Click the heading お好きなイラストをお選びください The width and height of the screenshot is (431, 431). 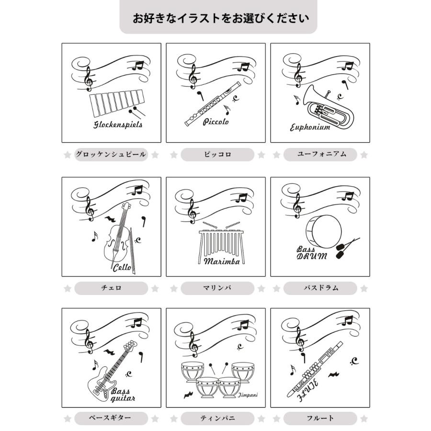point(221,19)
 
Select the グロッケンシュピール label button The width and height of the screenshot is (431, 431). point(111,155)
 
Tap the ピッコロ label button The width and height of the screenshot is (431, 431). point(217,155)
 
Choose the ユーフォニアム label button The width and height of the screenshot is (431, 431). point(320,155)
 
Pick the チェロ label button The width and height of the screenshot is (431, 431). point(111,288)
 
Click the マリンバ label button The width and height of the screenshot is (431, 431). point(217,288)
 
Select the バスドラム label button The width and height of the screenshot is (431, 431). point(320,288)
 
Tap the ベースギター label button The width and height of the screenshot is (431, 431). point(111,418)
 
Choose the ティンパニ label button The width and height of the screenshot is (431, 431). point(217,418)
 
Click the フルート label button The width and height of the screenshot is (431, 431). point(320,418)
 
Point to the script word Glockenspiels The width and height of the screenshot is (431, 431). point(118,125)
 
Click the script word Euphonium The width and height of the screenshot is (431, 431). point(310,127)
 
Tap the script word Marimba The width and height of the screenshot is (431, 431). point(222,261)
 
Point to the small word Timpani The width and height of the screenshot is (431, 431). point(248,395)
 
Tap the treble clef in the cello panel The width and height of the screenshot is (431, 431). point(90,209)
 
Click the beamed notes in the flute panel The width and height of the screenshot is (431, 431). point(347,320)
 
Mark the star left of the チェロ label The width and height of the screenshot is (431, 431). point(68,289)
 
